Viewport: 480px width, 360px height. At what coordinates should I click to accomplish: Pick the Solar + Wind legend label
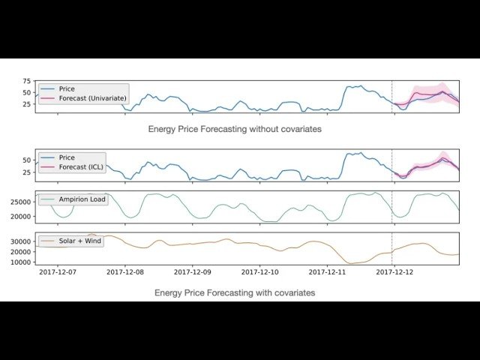point(79,241)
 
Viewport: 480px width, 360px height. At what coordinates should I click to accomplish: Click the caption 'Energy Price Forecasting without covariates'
point(235,129)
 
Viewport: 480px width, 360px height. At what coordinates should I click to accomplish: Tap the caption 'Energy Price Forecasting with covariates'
point(235,292)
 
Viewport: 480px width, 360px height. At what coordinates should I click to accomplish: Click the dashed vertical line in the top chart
point(392,96)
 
